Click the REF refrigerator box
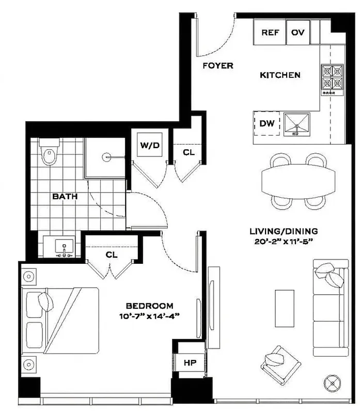coord(270,33)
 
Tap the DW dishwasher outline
coord(267,123)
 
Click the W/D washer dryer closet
coord(149,146)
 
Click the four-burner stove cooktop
coord(332,77)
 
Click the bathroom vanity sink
coord(64,247)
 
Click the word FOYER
coord(217,66)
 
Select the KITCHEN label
coord(279,75)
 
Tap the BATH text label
coord(65,196)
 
